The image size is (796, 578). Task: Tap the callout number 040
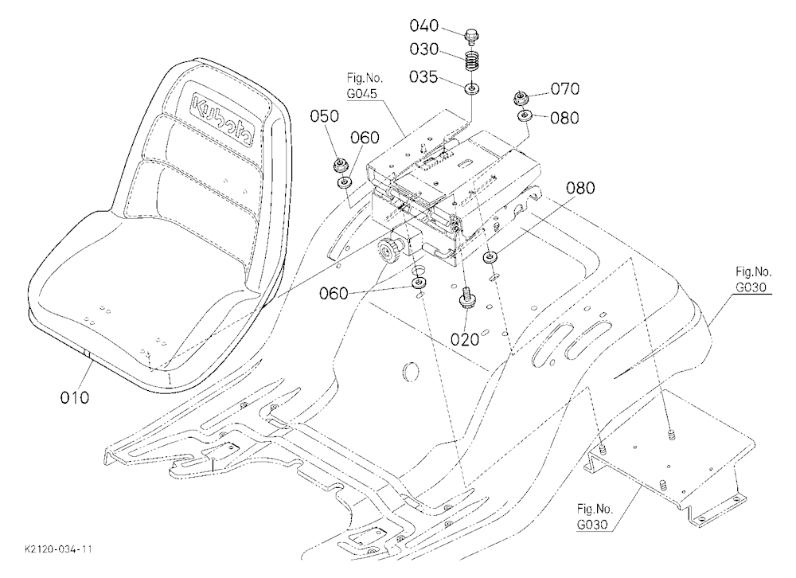pyautogui.click(x=424, y=25)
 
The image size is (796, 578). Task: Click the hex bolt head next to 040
pyautogui.click(x=471, y=37)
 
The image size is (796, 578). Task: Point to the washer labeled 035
pyautogui.click(x=473, y=89)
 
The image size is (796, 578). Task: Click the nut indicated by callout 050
pyautogui.click(x=340, y=165)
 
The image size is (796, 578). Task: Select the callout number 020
pyautogui.click(x=465, y=339)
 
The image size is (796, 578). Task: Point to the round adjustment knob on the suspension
pyautogui.click(x=389, y=252)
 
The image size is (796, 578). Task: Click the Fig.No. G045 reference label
pyautogui.click(x=365, y=86)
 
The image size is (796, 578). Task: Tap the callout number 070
pyautogui.click(x=565, y=89)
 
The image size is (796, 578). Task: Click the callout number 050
pyautogui.click(x=325, y=116)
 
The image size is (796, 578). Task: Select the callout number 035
pyautogui.click(x=423, y=77)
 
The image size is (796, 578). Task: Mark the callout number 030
pyautogui.click(x=424, y=49)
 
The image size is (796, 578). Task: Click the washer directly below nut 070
pyautogui.click(x=524, y=116)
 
